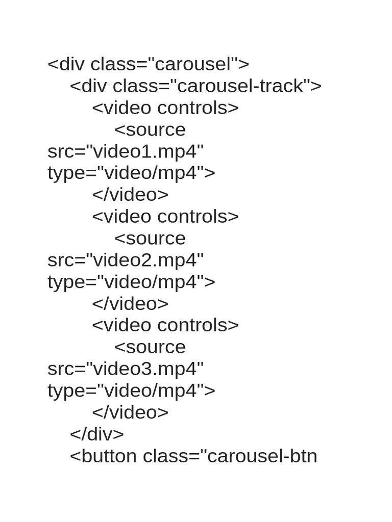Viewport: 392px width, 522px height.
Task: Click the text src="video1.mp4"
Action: coord(126,151)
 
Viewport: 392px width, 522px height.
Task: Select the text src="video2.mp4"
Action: coord(126,260)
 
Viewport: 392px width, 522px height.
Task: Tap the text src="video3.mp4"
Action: coord(126,369)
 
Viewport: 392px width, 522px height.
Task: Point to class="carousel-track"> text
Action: coord(217,86)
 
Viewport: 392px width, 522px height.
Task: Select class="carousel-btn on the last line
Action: coord(230,456)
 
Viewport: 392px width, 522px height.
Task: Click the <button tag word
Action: coord(103,456)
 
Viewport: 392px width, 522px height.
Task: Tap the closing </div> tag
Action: coord(97,434)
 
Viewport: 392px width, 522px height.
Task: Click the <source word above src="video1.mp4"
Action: coord(150,129)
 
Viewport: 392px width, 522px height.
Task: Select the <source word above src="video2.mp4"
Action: coord(150,238)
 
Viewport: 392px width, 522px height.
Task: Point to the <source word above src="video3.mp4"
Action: coord(150,347)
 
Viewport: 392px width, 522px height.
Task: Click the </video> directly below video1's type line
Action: coord(130,195)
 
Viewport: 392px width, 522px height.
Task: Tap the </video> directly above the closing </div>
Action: coord(130,412)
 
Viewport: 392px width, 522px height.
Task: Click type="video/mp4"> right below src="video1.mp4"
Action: coord(131,173)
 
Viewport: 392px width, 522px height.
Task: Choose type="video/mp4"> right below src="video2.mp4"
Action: coord(131,282)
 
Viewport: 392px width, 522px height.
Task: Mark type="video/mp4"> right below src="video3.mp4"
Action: coord(131,390)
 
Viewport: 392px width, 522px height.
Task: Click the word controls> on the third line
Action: coord(198,108)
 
